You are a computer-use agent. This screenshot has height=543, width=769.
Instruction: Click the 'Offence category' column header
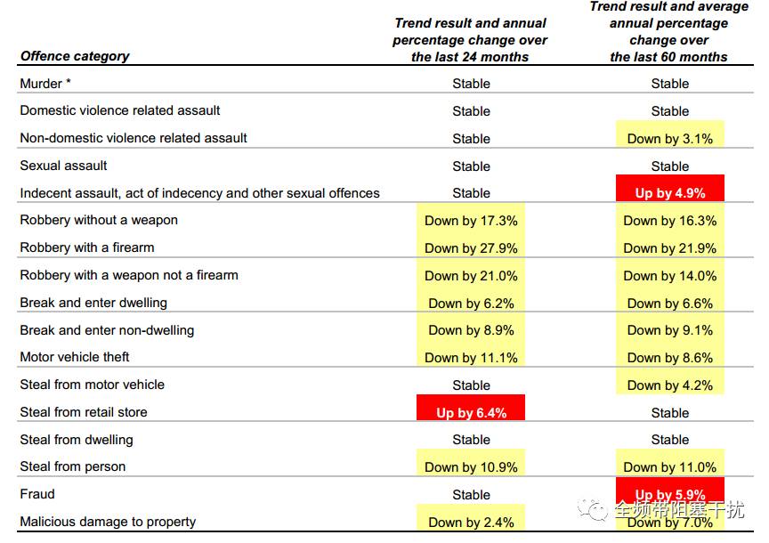coord(75,56)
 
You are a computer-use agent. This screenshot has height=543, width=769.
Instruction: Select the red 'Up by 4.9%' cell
coord(670,189)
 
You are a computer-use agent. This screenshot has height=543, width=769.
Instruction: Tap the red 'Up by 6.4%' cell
coord(471,408)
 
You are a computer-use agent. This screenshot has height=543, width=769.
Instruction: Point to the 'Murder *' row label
coord(45,84)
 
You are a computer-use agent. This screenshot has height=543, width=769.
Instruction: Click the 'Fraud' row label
coord(37,494)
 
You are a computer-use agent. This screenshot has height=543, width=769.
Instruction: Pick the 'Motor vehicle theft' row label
coord(75,357)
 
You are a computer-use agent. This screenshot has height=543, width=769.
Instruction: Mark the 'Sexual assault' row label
coord(63,166)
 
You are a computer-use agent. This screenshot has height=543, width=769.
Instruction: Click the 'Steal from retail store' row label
coord(84,412)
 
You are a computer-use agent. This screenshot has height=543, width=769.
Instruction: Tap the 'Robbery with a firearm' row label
coord(87,247)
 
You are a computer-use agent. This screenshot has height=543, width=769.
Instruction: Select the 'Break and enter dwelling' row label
coord(93,303)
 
